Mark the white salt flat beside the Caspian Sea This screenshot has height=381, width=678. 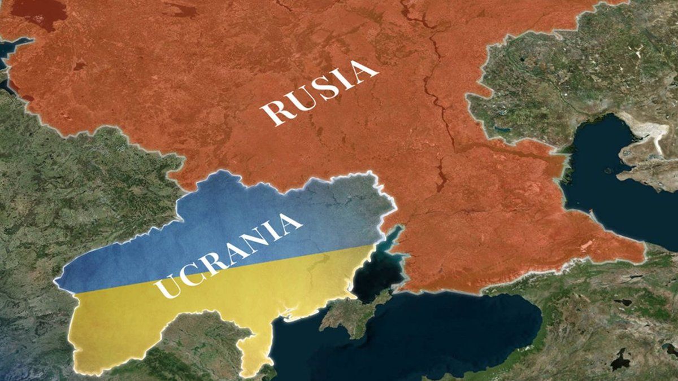(650, 133)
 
